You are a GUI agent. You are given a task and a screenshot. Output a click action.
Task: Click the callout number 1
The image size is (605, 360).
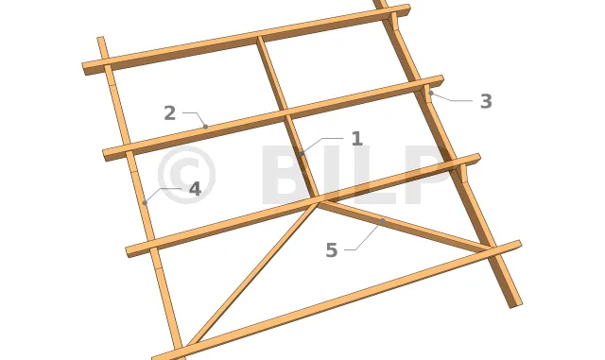click(x=357, y=139)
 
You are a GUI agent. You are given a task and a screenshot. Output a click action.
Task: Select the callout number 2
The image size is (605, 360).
click(x=170, y=113)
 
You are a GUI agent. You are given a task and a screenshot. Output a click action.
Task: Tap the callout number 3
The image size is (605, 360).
click(x=486, y=101)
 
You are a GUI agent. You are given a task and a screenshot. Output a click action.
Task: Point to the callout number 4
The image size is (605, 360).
click(x=196, y=190)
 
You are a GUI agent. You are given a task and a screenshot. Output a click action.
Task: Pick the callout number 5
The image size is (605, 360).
click(x=332, y=250)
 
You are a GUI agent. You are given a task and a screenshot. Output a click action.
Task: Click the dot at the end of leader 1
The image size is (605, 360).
click(x=302, y=154)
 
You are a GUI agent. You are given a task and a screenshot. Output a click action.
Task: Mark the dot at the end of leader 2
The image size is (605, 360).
click(x=206, y=127)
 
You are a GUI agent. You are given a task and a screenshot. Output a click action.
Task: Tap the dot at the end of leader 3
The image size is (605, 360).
click(x=431, y=93)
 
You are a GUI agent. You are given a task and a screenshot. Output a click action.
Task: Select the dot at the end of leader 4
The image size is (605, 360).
click(x=145, y=202)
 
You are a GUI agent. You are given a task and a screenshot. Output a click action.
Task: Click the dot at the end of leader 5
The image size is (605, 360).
click(x=382, y=221)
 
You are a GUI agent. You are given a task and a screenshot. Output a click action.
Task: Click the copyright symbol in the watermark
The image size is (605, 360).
click(x=186, y=175)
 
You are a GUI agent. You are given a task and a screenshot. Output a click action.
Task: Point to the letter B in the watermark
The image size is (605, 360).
click(x=288, y=175)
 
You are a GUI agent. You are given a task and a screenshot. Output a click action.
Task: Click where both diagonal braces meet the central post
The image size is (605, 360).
click(x=319, y=202)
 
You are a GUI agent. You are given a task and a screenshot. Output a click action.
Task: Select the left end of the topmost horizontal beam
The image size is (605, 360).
click(x=86, y=68)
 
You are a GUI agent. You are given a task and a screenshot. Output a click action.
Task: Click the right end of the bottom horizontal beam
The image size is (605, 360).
click(x=518, y=246)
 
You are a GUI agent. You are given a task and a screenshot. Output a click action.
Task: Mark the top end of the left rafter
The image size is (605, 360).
click(x=101, y=39)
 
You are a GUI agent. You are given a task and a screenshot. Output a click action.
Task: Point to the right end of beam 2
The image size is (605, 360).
click(x=441, y=80)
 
